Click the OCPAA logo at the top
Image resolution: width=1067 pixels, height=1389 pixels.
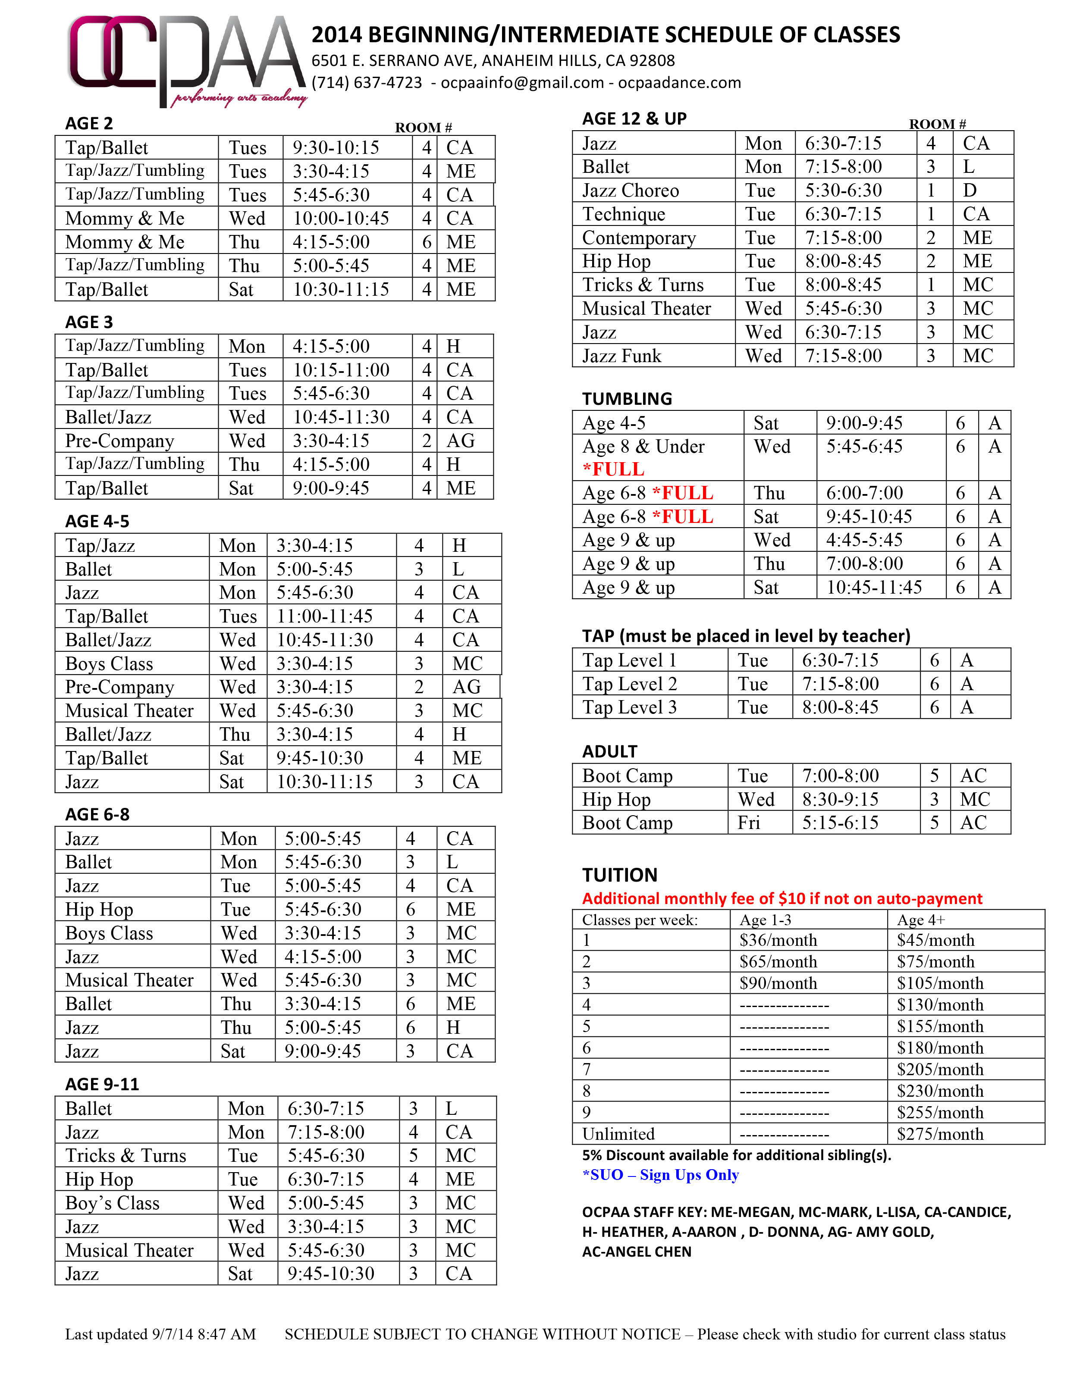click(185, 60)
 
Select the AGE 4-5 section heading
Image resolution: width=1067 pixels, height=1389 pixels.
click(97, 521)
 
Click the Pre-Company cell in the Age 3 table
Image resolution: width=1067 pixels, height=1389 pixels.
click(119, 441)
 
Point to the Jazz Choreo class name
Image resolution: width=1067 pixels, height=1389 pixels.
click(630, 191)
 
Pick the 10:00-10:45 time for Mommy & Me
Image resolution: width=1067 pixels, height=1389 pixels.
click(340, 219)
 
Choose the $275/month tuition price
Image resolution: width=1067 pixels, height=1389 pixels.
click(939, 1134)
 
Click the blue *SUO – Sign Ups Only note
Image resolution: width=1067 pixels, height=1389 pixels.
click(661, 1175)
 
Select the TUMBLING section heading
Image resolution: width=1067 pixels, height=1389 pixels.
click(627, 399)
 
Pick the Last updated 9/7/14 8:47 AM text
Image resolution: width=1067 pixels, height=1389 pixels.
click(160, 1334)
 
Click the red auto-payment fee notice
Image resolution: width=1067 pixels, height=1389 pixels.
click(782, 898)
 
